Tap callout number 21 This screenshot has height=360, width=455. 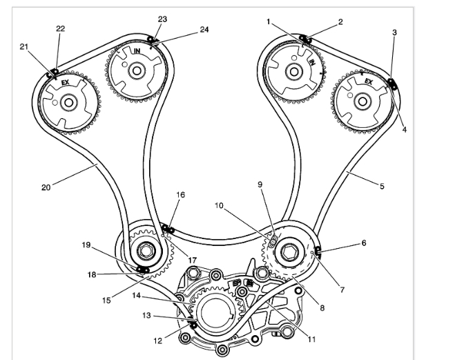pos(24,47)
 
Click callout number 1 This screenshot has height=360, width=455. pos(269,22)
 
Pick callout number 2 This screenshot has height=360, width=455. pos(340,22)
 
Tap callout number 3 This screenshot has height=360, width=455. pos(393,32)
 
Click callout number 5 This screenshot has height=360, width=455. pos(381,185)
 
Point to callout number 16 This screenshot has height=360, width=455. pos(181,196)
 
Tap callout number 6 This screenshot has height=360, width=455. pos(363,243)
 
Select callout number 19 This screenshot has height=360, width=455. pos(87,244)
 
